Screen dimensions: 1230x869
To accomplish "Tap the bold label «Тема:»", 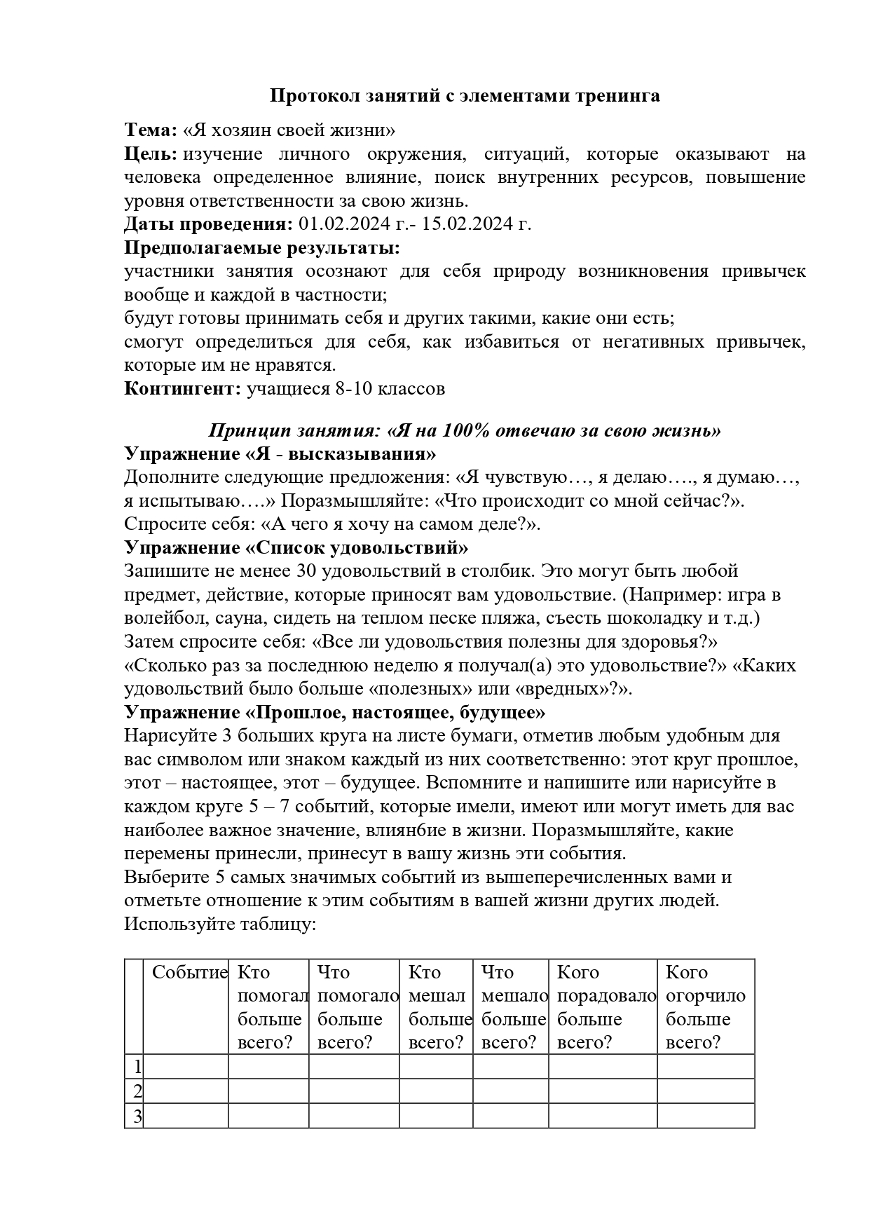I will [151, 130].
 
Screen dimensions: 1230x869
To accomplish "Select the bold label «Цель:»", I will [149, 154].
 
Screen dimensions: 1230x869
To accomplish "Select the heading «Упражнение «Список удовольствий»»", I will [296, 547].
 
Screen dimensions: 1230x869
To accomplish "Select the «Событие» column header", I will [189, 973].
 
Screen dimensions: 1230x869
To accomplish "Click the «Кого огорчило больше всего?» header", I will [705, 1007].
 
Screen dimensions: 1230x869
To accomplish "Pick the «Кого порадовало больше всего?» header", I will [605, 1007].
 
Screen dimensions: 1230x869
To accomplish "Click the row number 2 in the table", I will [137, 1091].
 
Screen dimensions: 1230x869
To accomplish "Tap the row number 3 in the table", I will [137, 1116].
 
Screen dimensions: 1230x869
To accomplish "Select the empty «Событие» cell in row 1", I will [186, 1067].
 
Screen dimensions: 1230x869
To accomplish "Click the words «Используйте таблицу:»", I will [221, 924].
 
